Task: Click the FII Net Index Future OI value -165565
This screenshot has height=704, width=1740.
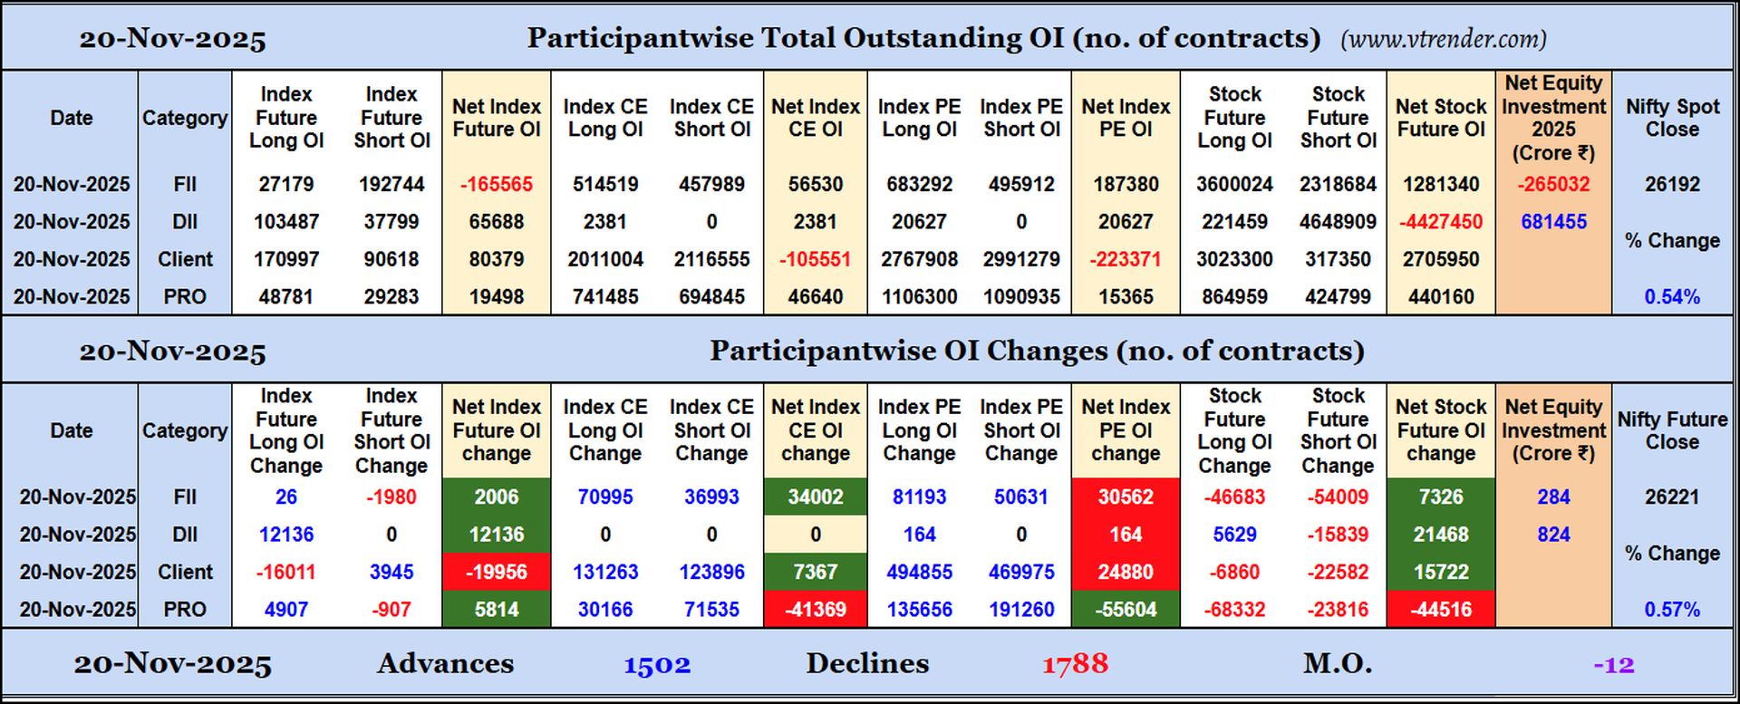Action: pyautogui.click(x=496, y=184)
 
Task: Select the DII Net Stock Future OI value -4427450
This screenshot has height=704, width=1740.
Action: pyautogui.click(x=1440, y=222)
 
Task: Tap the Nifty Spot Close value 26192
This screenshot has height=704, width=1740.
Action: pyautogui.click(x=1672, y=184)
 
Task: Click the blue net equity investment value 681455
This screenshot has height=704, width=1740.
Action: pyautogui.click(x=1553, y=222)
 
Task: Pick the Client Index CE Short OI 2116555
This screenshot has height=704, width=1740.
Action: pyautogui.click(x=711, y=259)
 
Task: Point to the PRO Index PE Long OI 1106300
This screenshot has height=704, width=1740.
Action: pyautogui.click(x=919, y=297)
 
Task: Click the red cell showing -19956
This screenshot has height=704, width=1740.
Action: pyautogui.click(x=496, y=573)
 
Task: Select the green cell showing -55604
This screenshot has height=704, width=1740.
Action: pyautogui.click(x=1126, y=610)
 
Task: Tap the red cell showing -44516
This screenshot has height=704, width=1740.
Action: pyautogui.click(x=1440, y=610)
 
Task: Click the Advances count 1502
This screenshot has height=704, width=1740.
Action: pyautogui.click(x=657, y=665)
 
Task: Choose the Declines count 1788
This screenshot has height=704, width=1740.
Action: pyautogui.click(x=1075, y=665)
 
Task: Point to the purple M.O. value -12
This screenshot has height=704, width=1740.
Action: pyautogui.click(x=1614, y=665)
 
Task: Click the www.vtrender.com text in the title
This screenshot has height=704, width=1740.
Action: pyautogui.click(x=1444, y=39)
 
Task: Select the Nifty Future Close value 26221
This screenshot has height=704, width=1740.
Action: pyautogui.click(x=1672, y=497)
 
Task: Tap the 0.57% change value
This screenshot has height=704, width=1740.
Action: pyautogui.click(x=1672, y=610)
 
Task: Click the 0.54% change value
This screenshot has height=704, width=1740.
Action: pyautogui.click(x=1672, y=297)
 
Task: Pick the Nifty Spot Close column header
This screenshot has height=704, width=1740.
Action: pyautogui.click(x=1672, y=118)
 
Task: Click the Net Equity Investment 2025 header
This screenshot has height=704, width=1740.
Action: pyautogui.click(x=1553, y=118)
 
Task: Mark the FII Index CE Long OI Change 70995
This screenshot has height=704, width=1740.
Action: pyautogui.click(x=604, y=497)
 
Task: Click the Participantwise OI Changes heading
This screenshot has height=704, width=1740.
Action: pyautogui.click(x=1036, y=352)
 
